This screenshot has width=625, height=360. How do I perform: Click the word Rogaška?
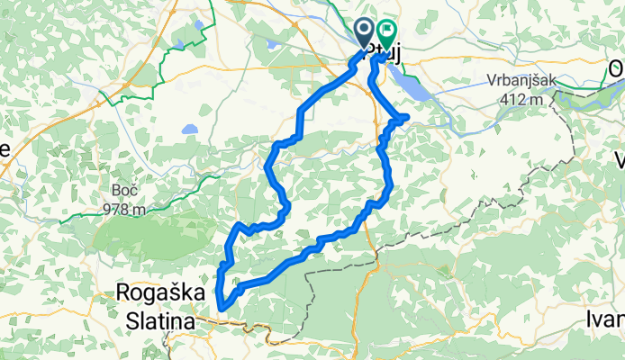pyautogui.click(x=156, y=292)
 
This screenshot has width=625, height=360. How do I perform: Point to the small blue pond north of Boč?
pyautogui.click(x=189, y=129)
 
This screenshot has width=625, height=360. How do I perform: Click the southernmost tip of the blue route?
pyautogui.click(x=221, y=311)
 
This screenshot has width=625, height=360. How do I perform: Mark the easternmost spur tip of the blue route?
pyautogui.click(x=407, y=117)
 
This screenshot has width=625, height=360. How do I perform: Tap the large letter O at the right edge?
pyautogui.click(x=617, y=69)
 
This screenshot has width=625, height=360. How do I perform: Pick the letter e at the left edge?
pyautogui.click(x=4, y=150)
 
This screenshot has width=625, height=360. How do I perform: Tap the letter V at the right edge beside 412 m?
pyautogui.click(x=620, y=160)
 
